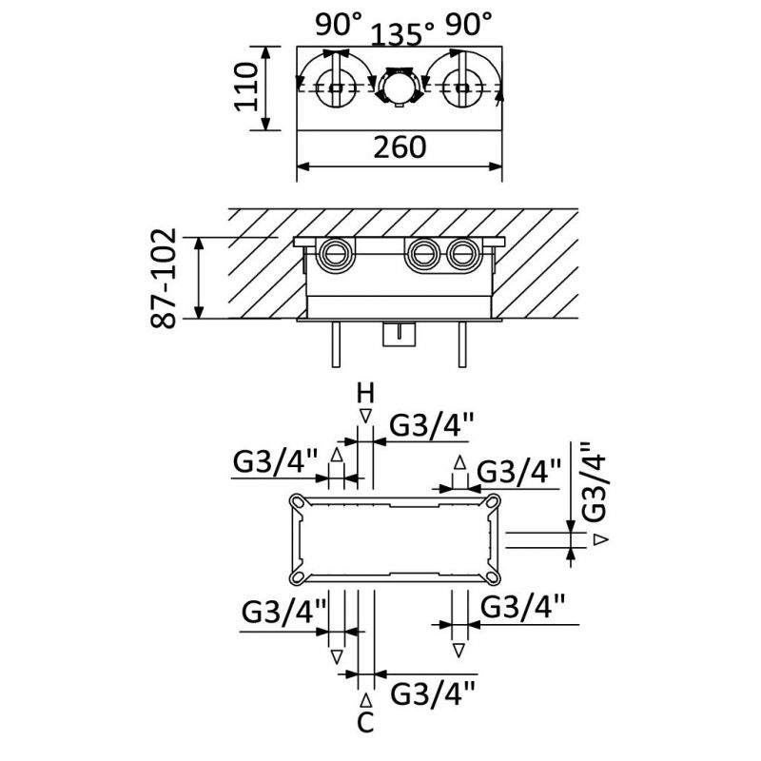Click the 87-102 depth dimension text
[x=165, y=278]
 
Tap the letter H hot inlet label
[x=365, y=391]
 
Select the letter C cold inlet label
[x=364, y=723]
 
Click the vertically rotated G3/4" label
[x=593, y=483]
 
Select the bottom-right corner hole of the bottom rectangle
[x=495, y=575]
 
